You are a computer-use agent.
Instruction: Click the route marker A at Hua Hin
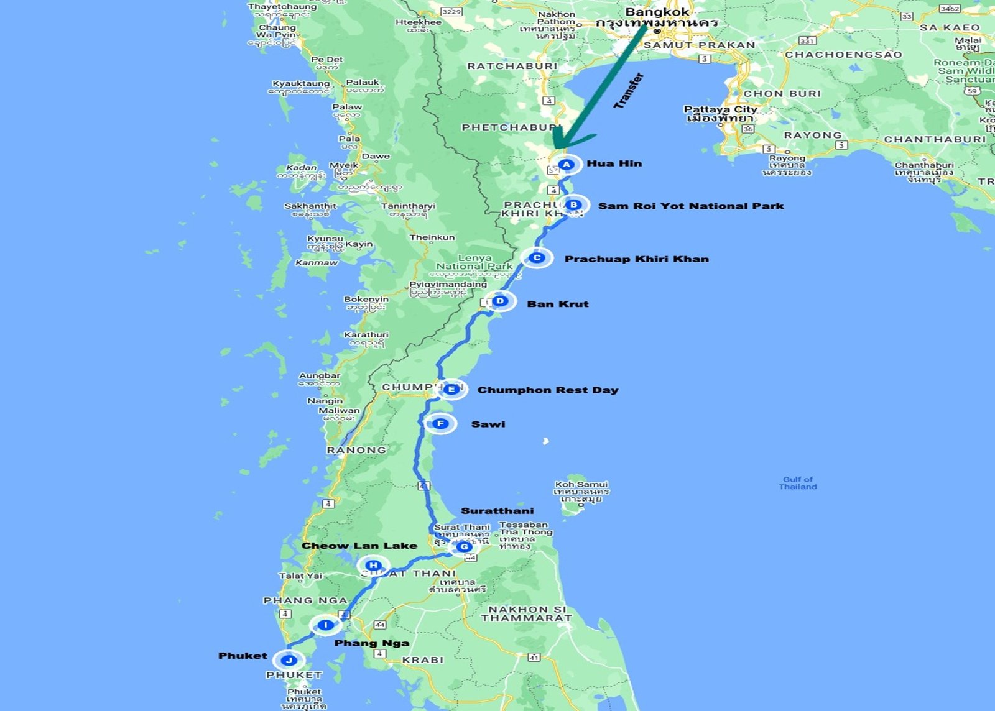click(566, 165)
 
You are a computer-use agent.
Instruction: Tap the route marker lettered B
click(574, 204)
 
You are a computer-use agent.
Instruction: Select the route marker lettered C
click(537, 258)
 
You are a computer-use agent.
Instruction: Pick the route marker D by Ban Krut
click(500, 301)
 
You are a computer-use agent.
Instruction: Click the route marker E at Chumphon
click(451, 390)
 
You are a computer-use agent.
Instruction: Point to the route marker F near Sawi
click(440, 424)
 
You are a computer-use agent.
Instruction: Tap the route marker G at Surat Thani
click(463, 547)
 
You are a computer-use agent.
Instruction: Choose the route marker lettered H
click(373, 565)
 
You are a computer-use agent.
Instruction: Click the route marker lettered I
click(325, 625)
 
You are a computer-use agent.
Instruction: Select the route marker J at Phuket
click(289, 660)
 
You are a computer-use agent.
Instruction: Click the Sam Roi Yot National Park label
click(691, 206)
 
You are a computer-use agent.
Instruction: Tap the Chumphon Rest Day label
click(548, 390)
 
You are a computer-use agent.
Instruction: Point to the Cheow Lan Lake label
click(359, 546)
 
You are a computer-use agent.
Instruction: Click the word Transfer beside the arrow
click(629, 91)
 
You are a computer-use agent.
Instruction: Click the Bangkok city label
click(657, 12)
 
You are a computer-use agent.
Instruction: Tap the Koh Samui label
click(581, 484)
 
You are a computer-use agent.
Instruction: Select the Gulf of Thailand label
click(798, 483)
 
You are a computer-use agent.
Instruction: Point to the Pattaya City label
click(720, 109)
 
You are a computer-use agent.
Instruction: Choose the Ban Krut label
click(558, 304)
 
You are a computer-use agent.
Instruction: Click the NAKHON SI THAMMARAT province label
click(526, 613)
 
